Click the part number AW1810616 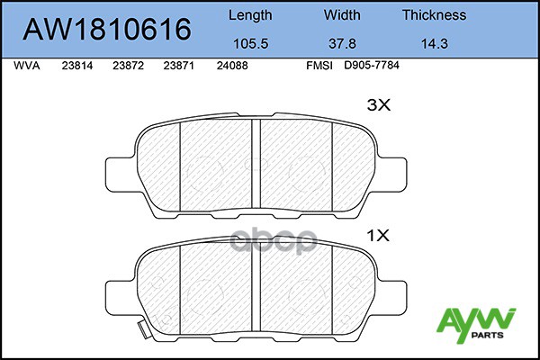(x=107, y=29)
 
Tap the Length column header (x=250, y=15)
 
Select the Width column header (x=342, y=14)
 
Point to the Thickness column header (x=435, y=14)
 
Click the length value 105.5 (x=251, y=44)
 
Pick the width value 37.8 (x=342, y=44)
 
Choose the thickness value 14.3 (x=435, y=44)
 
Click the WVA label (x=27, y=66)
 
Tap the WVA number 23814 (x=77, y=66)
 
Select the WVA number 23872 (x=128, y=66)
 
